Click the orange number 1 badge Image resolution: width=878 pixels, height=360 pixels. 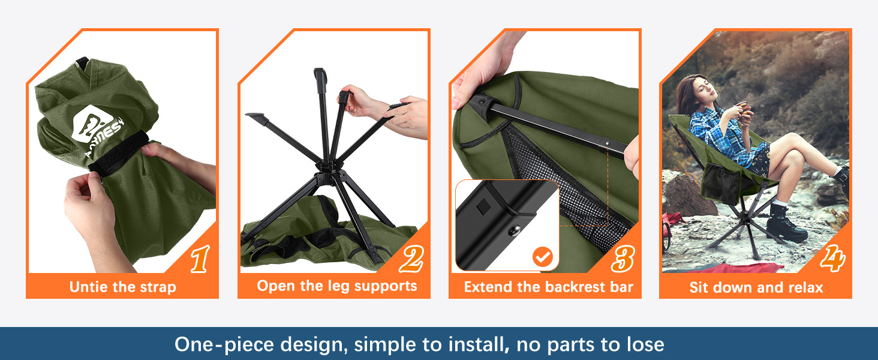[200, 259]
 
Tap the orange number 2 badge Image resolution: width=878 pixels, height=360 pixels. [411, 259]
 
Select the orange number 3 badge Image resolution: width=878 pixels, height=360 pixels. [623, 259]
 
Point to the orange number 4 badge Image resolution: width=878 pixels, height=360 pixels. [832, 258]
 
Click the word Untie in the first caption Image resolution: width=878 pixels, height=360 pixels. [89, 287]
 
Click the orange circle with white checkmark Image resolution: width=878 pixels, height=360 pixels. [543, 257]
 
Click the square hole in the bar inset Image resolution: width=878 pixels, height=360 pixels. [483, 206]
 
